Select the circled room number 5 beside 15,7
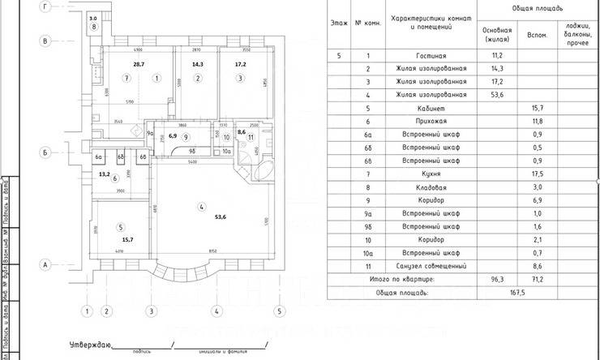click(x=120, y=227)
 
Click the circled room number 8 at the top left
click(x=95, y=27)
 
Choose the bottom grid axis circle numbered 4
click(x=216, y=311)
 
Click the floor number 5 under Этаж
click(x=340, y=56)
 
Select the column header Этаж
click(x=340, y=23)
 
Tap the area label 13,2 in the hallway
click(x=105, y=174)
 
